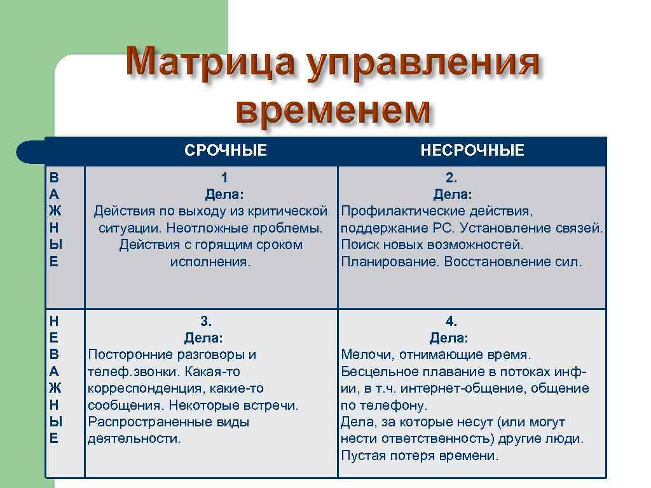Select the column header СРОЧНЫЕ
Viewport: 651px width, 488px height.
tap(226, 151)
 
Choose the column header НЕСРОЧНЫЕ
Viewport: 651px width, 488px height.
tap(472, 151)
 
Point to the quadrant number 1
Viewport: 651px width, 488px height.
tap(224, 177)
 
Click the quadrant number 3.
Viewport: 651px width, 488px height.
tap(206, 321)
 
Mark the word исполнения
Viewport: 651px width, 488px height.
tap(210, 262)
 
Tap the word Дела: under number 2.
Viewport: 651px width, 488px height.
tap(452, 194)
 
